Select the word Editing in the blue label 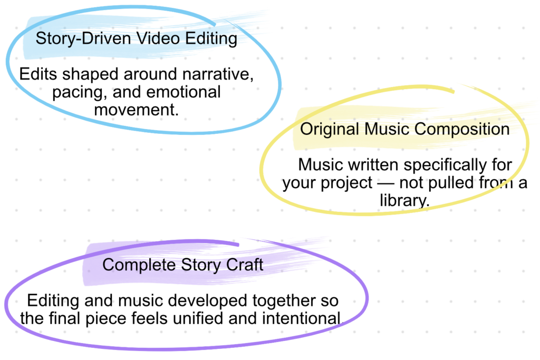pyautogui.click(x=209, y=39)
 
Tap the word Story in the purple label pyautogui.click(x=201, y=265)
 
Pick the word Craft pyautogui.click(x=244, y=264)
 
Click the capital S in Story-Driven pyautogui.click(x=40, y=38)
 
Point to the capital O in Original pyautogui.click(x=306, y=129)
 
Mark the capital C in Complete pyautogui.click(x=108, y=265)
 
